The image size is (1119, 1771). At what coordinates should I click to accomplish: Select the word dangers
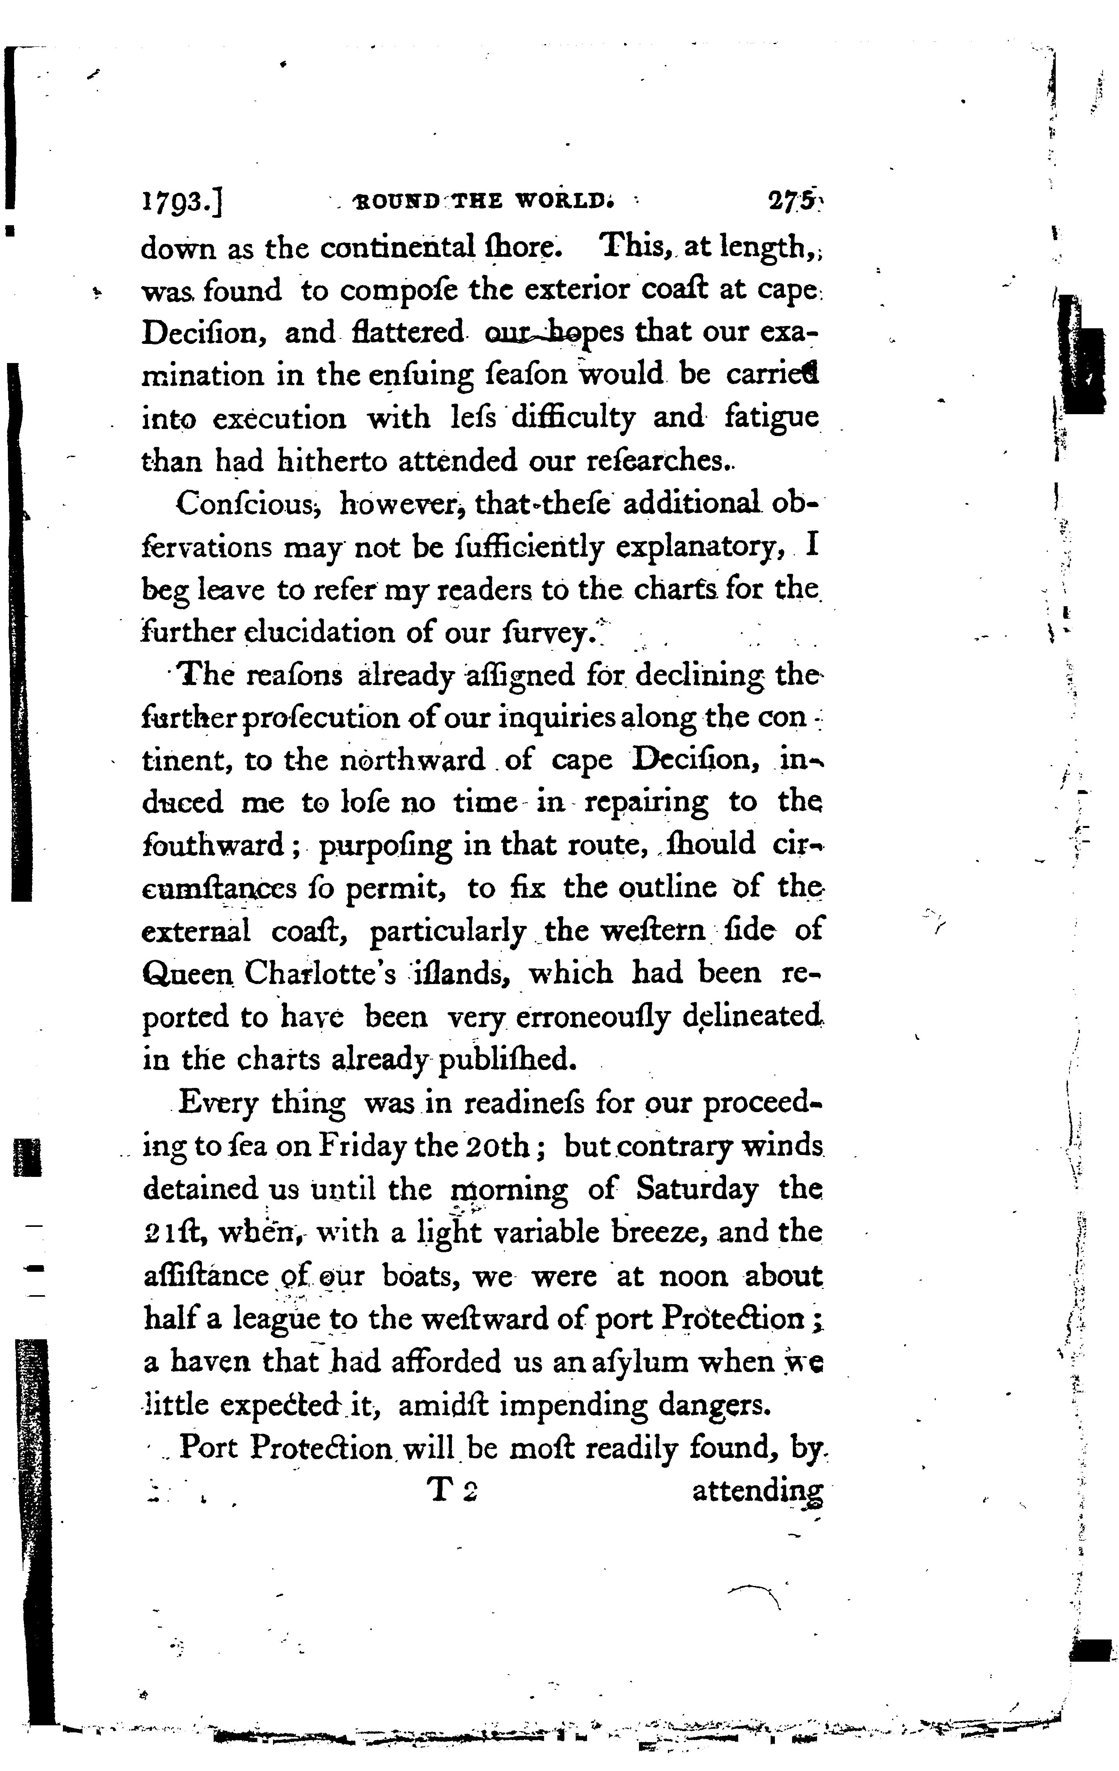[714, 1406]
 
